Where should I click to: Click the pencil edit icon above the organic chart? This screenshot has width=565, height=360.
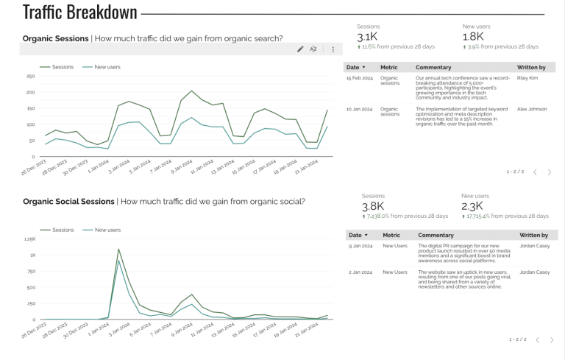point(300,49)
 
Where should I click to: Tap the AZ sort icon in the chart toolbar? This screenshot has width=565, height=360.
point(313,49)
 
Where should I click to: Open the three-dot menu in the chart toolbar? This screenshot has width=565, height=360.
point(333,49)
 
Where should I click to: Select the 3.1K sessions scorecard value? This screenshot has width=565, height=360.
point(368,37)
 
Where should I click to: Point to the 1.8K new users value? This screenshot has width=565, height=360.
point(473,37)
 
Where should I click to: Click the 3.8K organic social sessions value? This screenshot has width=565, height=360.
point(373,207)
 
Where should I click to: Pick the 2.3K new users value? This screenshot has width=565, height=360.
point(472,207)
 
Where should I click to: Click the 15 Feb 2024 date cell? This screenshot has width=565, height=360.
point(360,77)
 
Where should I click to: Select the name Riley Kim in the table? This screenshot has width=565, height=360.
point(527,77)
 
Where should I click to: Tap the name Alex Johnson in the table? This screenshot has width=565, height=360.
point(532,109)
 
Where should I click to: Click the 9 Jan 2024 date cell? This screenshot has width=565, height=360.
point(359,246)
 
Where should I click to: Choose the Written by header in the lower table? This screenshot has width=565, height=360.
point(533,235)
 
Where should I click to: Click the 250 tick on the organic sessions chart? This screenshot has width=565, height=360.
point(30,76)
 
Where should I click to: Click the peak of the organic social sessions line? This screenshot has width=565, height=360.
point(118,249)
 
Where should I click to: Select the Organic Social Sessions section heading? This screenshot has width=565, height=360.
point(68,201)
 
